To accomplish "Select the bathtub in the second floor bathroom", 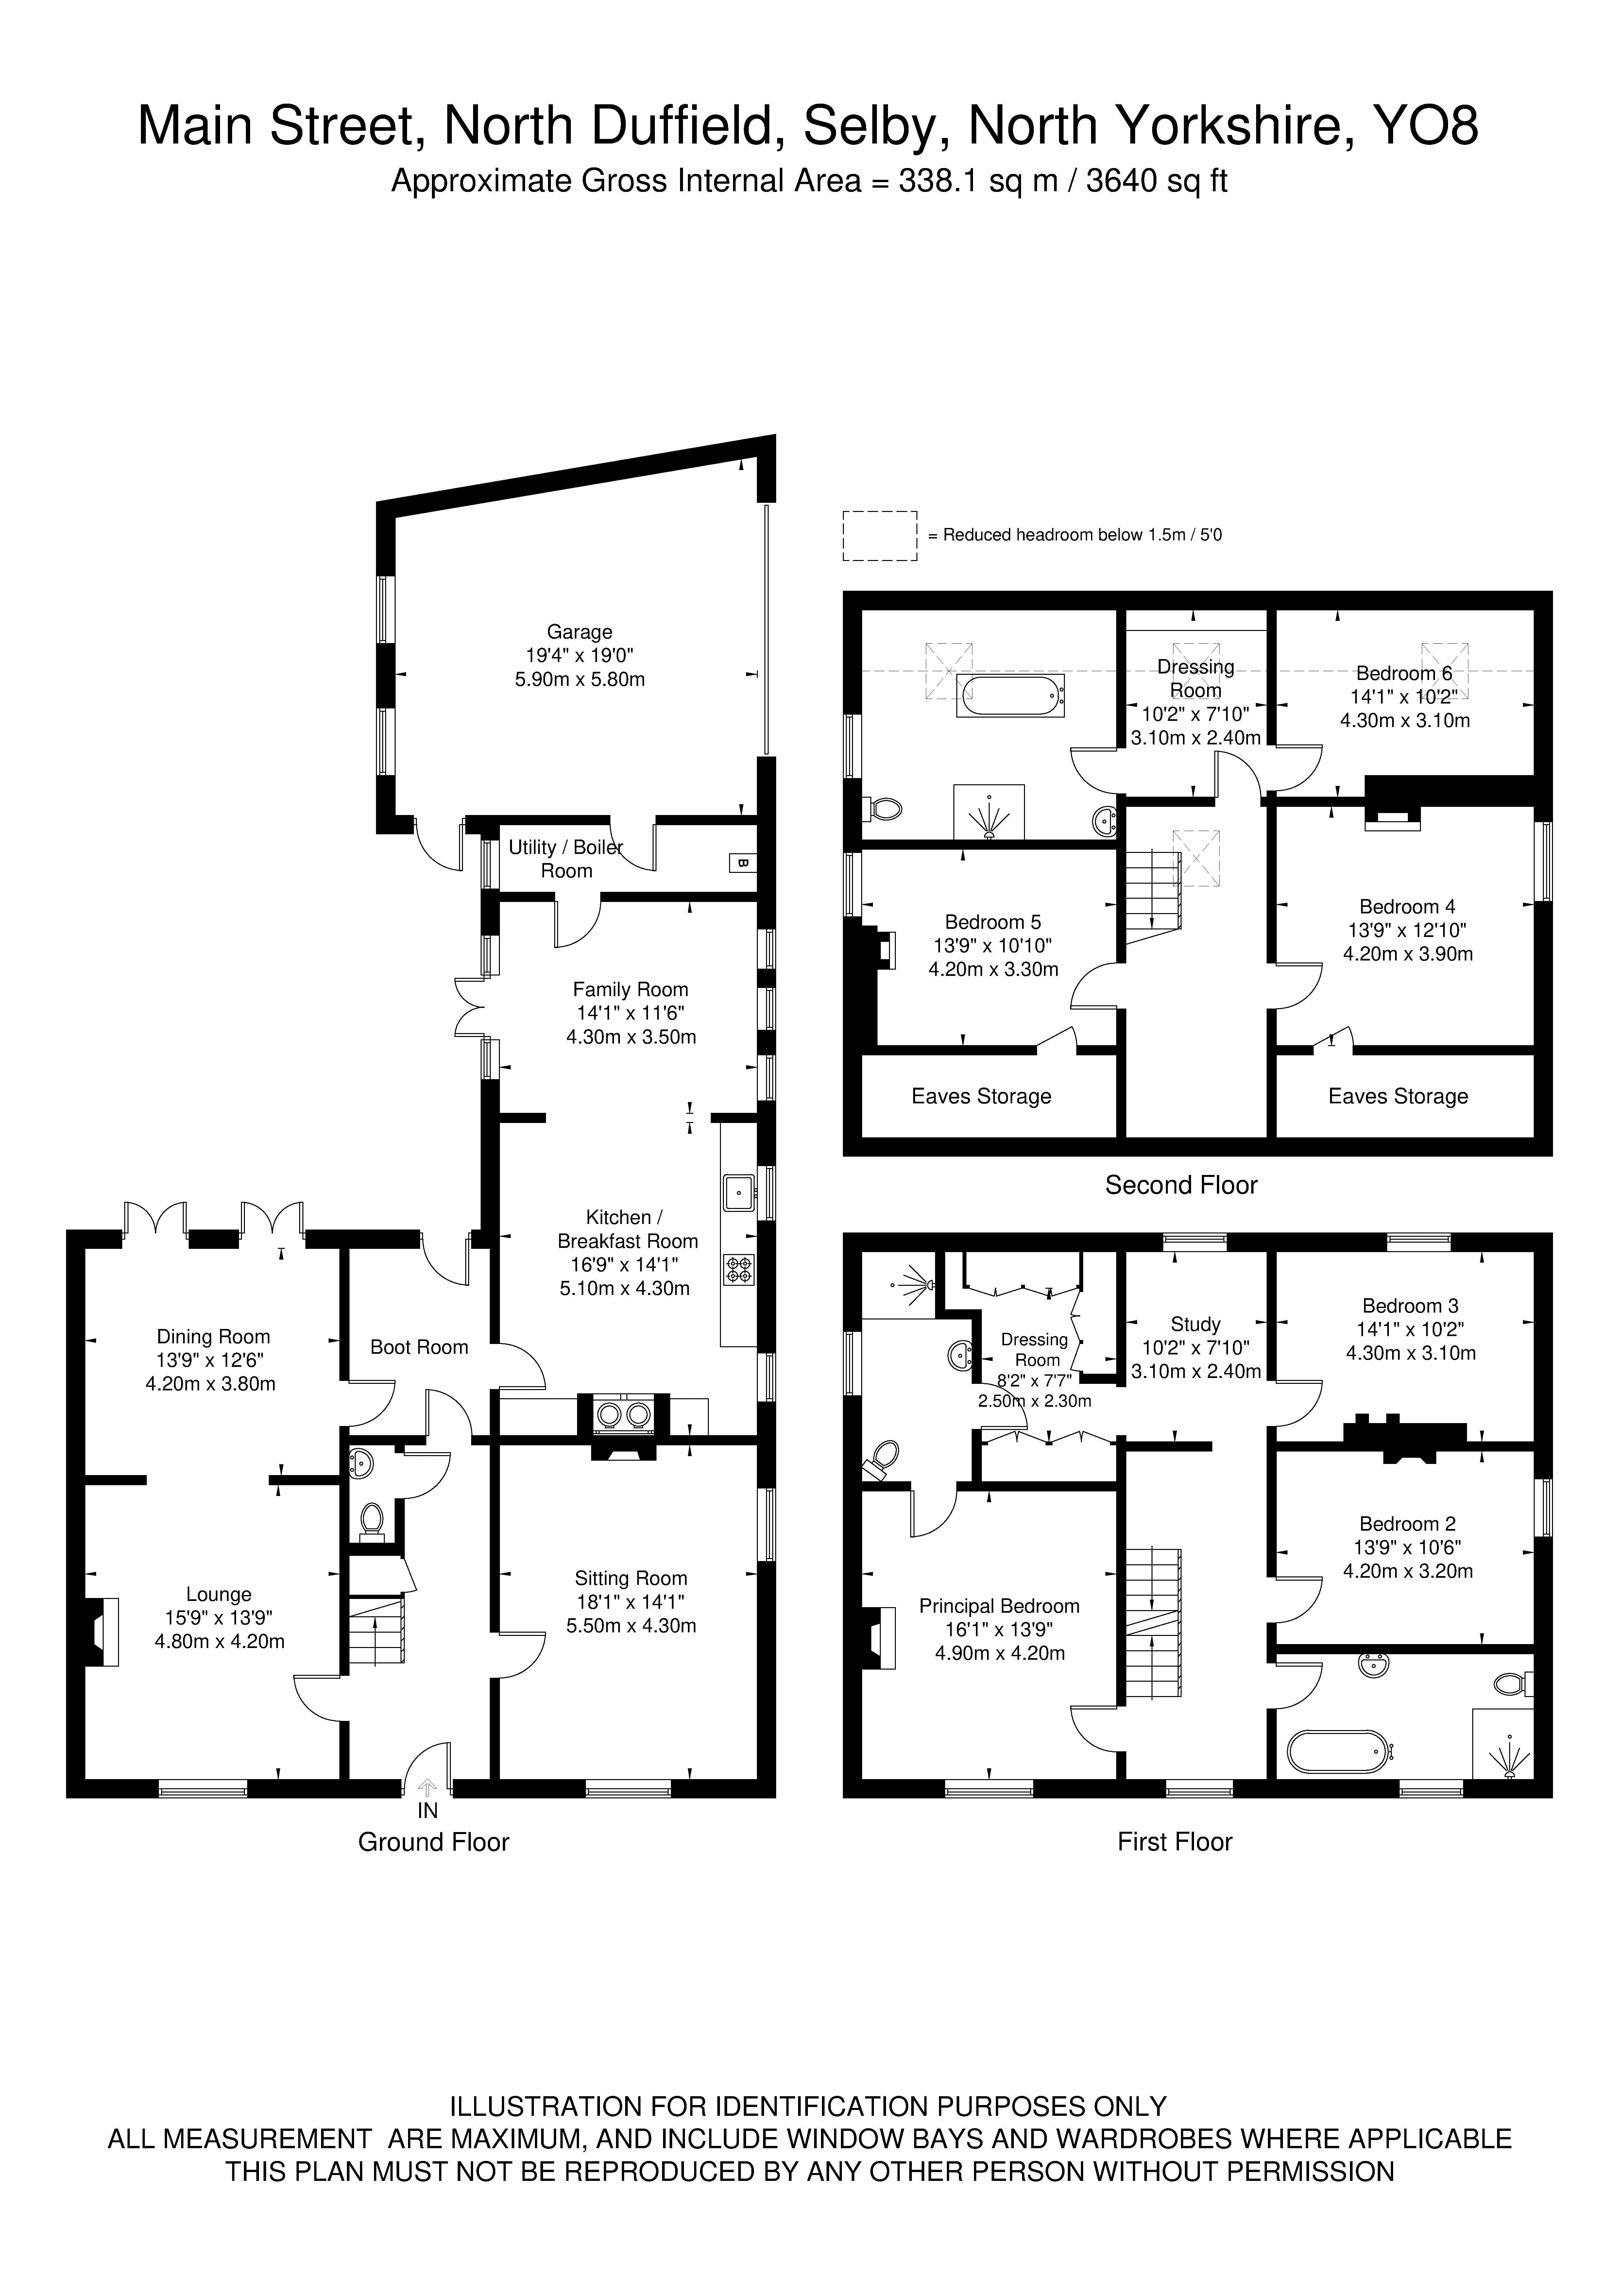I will point(1011,695).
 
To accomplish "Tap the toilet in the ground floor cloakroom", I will point(372,1521).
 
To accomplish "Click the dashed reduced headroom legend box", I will point(879,535).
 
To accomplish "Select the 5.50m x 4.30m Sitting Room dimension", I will point(631,1625).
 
